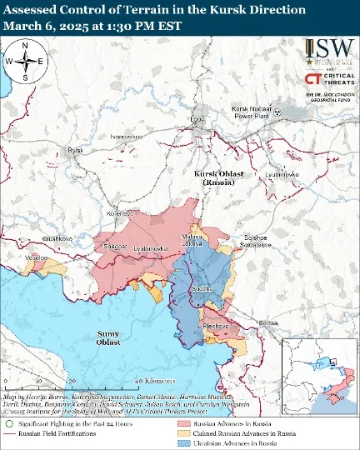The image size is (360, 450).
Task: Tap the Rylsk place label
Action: (77, 150)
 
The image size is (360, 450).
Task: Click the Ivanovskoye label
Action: (127, 135)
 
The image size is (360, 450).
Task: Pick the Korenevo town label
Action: (121, 213)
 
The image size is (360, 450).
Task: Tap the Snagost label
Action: (114, 246)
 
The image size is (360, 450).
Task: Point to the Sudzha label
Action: (200, 287)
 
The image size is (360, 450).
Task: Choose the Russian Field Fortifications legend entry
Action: (53, 433)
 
